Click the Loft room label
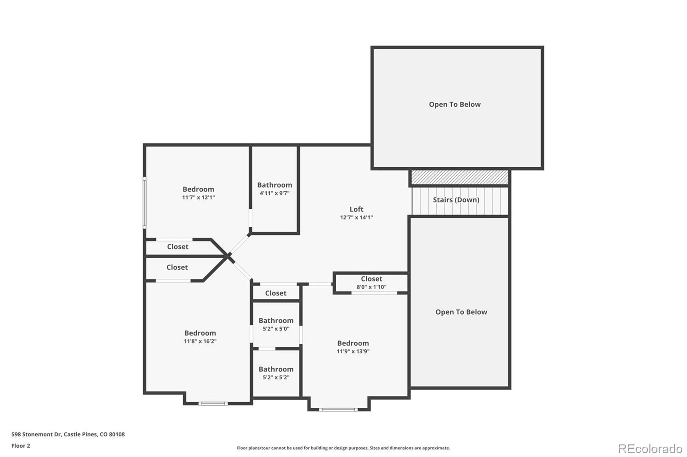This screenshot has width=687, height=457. click(x=356, y=209)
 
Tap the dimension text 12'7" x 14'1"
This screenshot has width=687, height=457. click(x=356, y=217)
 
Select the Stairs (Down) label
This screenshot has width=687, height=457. click(x=456, y=200)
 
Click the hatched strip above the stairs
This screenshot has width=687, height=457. click(x=459, y=177)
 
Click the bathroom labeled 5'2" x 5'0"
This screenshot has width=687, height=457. click(x=276, y=325)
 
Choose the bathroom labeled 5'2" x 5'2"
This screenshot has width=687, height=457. click(x=276, y=373)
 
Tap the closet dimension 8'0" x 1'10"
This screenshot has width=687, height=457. click(x=371, y=287)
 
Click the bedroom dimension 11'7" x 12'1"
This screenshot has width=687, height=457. click(x=198, y=198)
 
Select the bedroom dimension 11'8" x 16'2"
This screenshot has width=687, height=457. click(x=200, y=341)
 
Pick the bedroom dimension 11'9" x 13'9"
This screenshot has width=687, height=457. click(x=353, y=352)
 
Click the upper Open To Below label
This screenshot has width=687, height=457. click(x=455, y=105)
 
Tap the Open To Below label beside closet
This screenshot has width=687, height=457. click(x=461, y=312)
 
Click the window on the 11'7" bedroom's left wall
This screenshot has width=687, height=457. click(x=145, y=202)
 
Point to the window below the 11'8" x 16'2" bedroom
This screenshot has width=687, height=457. click(x=213, y=403)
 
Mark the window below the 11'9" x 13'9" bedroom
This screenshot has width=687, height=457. click(x=338, y=410)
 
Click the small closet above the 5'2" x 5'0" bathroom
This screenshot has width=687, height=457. click(x=276, y=293)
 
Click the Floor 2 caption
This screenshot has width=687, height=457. click(x=21, y=446)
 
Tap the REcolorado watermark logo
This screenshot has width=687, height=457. click(x=650, y=449)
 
